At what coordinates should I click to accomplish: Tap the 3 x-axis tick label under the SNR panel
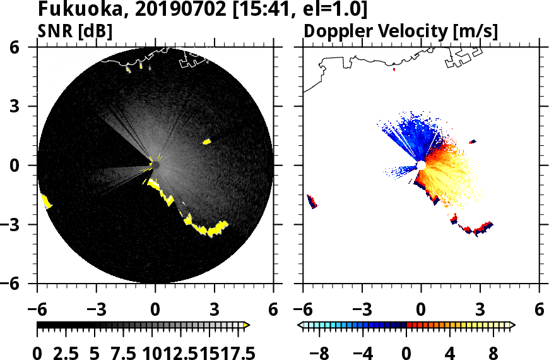coord(214,310)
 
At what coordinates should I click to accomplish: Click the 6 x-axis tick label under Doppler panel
coord(539,310)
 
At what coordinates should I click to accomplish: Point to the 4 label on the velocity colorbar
coord(451,352)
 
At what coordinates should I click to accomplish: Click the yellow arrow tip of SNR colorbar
coord(247,325)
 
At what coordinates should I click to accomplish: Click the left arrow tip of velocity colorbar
coord(300,325)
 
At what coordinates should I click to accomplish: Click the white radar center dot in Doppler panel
coord(420,165)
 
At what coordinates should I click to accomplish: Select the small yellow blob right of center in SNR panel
coord(206,142)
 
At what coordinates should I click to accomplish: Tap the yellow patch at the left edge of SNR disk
coord(46,201)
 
